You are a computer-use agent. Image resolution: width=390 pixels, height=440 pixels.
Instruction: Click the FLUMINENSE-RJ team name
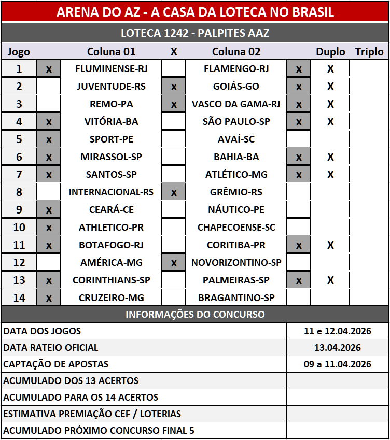[111, 68]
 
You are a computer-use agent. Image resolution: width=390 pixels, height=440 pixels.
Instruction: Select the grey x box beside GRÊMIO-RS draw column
[174, 192]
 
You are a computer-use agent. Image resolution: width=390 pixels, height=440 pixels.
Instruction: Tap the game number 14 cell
[19, 298]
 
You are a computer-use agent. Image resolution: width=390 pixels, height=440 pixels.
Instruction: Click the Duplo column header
[330, 52]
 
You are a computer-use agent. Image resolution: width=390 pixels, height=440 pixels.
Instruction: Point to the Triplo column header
[369, 52]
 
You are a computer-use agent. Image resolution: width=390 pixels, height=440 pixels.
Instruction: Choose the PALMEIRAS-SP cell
[236, 280]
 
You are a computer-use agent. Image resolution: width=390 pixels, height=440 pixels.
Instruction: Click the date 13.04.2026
[337, 348]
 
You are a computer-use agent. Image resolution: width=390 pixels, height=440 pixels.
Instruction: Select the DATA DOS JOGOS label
[43, 331]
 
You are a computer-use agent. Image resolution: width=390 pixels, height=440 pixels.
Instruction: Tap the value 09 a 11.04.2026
[337, 364]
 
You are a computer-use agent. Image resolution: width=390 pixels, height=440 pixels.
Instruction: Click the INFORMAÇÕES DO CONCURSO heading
[195, 315]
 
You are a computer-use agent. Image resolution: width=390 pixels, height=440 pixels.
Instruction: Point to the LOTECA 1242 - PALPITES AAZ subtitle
[195, 34]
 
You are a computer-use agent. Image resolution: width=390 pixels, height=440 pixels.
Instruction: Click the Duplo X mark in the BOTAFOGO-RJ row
[330, 245]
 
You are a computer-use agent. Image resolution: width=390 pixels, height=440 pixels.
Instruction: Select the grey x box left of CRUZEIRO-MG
[49, 298]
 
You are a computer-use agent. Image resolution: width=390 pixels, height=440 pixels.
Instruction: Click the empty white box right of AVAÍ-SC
[299, 139]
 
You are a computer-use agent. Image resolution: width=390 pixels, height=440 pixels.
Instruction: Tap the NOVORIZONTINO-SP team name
[236, 263]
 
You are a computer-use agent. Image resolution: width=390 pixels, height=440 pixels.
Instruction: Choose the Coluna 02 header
[236, 52]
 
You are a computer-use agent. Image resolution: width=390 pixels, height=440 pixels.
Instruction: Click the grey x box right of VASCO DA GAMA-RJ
[299, 104]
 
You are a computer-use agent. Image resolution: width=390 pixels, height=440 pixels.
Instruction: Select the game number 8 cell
[19, 192]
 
